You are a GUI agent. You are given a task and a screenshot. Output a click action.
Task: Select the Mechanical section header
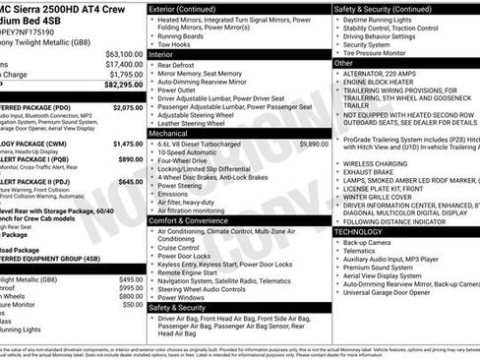pyautogui.click(x=169, y=133)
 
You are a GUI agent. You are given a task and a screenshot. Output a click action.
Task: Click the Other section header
pyautogui.click(x=344, y=63)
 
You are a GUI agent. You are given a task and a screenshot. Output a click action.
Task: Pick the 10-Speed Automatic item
pyautogui.click(x=192, y=152)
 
